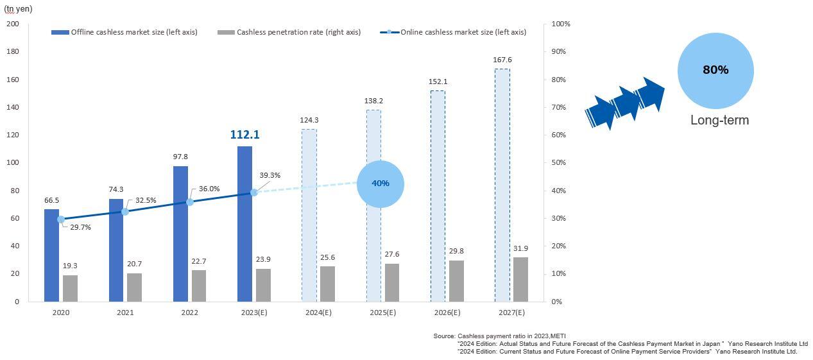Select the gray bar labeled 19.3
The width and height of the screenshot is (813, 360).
(70, 288)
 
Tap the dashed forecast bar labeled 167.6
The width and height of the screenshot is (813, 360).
(502, 185)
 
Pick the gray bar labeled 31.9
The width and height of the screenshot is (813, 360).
(520, 279)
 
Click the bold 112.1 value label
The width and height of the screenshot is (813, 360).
(244, 135)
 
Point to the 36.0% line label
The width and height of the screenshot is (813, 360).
(209, 189)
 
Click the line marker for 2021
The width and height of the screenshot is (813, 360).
(125, 211)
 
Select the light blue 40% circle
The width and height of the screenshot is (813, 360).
(380, 184)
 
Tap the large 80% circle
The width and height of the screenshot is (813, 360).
(715, 70)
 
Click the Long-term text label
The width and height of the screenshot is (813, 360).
(719, 120)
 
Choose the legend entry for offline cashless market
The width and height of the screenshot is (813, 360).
(125, 32)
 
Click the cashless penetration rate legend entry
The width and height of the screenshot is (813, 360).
(290, 32)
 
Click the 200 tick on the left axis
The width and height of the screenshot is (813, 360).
(13, 24)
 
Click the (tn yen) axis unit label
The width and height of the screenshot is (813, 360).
(18, 9)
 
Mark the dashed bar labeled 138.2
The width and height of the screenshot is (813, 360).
(373, 205)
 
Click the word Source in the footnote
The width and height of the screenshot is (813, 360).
(443, 336)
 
